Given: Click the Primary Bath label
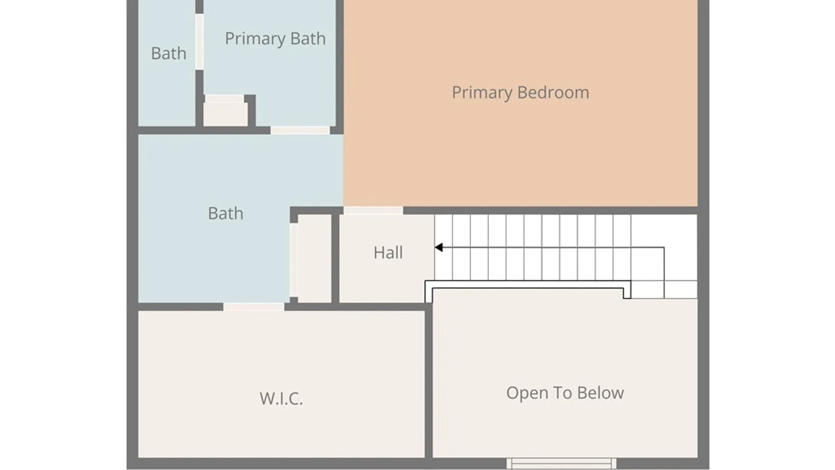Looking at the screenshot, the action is tap(275, 39).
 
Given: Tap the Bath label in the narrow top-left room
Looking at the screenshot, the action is tap(168, 54).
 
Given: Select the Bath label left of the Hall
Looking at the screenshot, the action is tap(225, 214).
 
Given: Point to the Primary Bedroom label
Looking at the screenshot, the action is tap(520, 93).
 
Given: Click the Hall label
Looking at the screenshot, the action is tap(388, 252).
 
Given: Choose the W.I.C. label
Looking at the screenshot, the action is tap(281, 398).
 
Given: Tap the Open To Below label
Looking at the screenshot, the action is tap(565, 393).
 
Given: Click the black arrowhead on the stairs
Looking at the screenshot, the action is tap(439, 247).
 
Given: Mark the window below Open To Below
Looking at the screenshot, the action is tap(561, 463).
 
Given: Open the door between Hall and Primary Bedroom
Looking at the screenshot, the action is tap(373, 211).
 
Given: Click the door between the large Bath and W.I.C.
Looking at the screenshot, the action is tap(254, 307).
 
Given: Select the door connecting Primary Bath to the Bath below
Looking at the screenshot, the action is tap(300, 130).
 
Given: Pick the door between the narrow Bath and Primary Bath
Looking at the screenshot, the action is tap(199, 41).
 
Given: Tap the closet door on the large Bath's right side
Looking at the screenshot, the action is tap(294, 260).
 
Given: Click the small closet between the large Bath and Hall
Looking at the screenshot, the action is tap(314, 258).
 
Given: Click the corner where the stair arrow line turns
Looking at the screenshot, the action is tap(664, 248).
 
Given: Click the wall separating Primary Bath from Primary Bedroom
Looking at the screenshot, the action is tap(340, 65).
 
